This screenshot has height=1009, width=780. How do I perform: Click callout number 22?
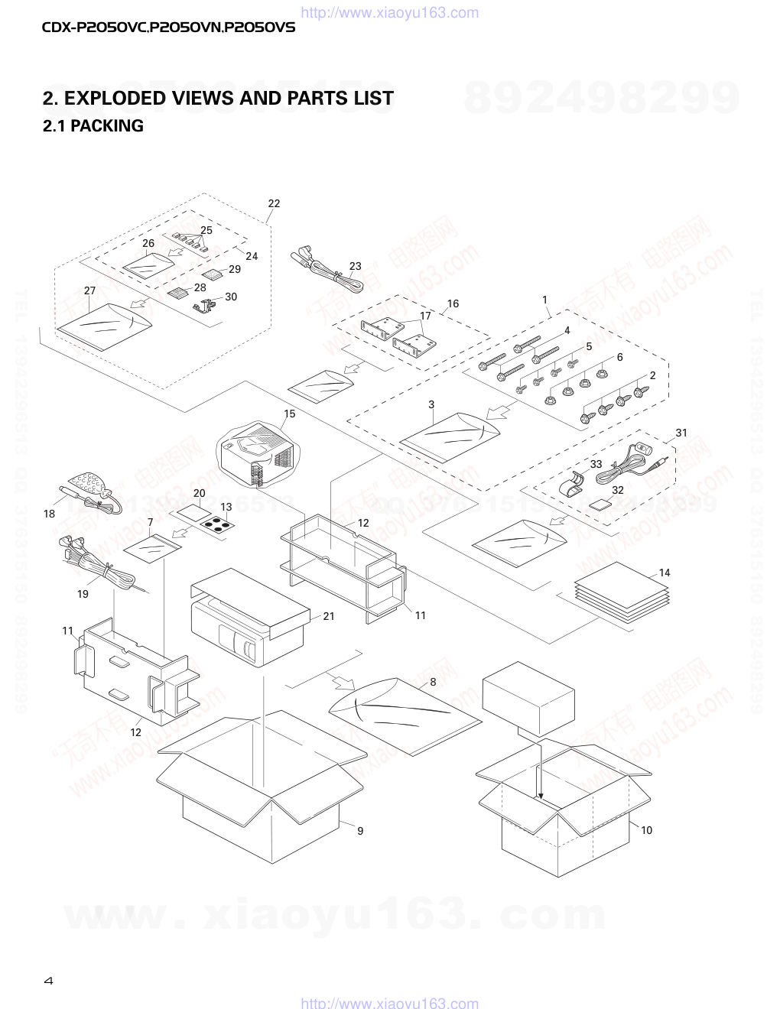coord(274,203)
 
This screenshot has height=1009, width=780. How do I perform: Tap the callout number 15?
coord(289,414)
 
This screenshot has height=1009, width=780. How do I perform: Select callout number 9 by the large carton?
coord(360,831)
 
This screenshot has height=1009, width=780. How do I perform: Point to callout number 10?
coord(646,830)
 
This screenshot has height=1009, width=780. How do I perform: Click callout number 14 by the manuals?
coord(664,573)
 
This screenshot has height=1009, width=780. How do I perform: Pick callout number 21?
coord(329,616)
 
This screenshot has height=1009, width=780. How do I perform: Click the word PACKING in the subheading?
coord(106,126)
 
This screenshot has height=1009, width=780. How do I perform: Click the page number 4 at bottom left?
coord(48,981)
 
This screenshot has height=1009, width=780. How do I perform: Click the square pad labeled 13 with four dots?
coord(218,525)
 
